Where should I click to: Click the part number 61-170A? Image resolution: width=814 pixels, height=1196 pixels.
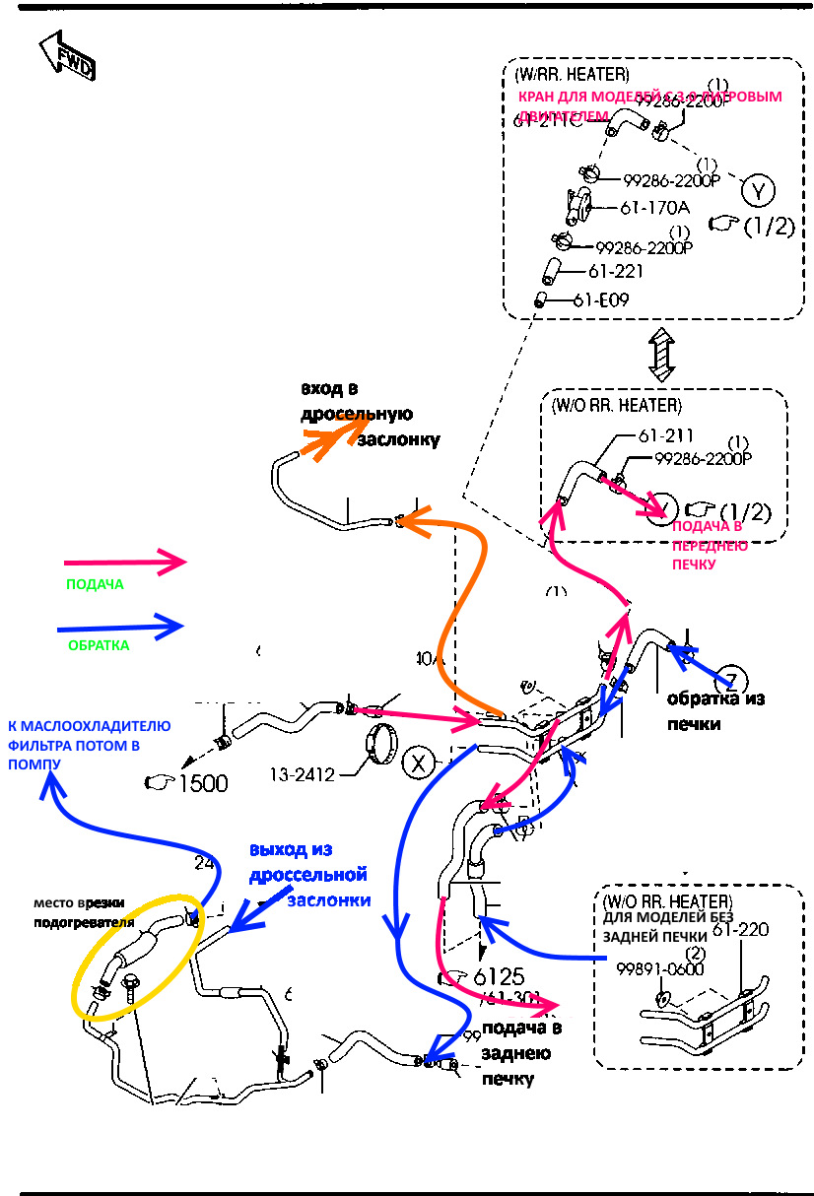click(x=654, y=208)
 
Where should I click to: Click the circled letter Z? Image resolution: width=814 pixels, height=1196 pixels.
click(x=731, y=678)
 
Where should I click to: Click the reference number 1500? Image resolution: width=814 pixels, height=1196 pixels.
click(x=198, y=783)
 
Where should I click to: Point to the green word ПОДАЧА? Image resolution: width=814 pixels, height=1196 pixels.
click(x=95, y=584)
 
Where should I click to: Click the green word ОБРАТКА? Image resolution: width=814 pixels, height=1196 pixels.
click(x=99, y=646)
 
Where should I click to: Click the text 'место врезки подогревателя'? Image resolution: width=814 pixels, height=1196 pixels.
click(x=84, y=912)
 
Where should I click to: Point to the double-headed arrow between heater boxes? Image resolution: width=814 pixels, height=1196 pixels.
click(x=659, y=355)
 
